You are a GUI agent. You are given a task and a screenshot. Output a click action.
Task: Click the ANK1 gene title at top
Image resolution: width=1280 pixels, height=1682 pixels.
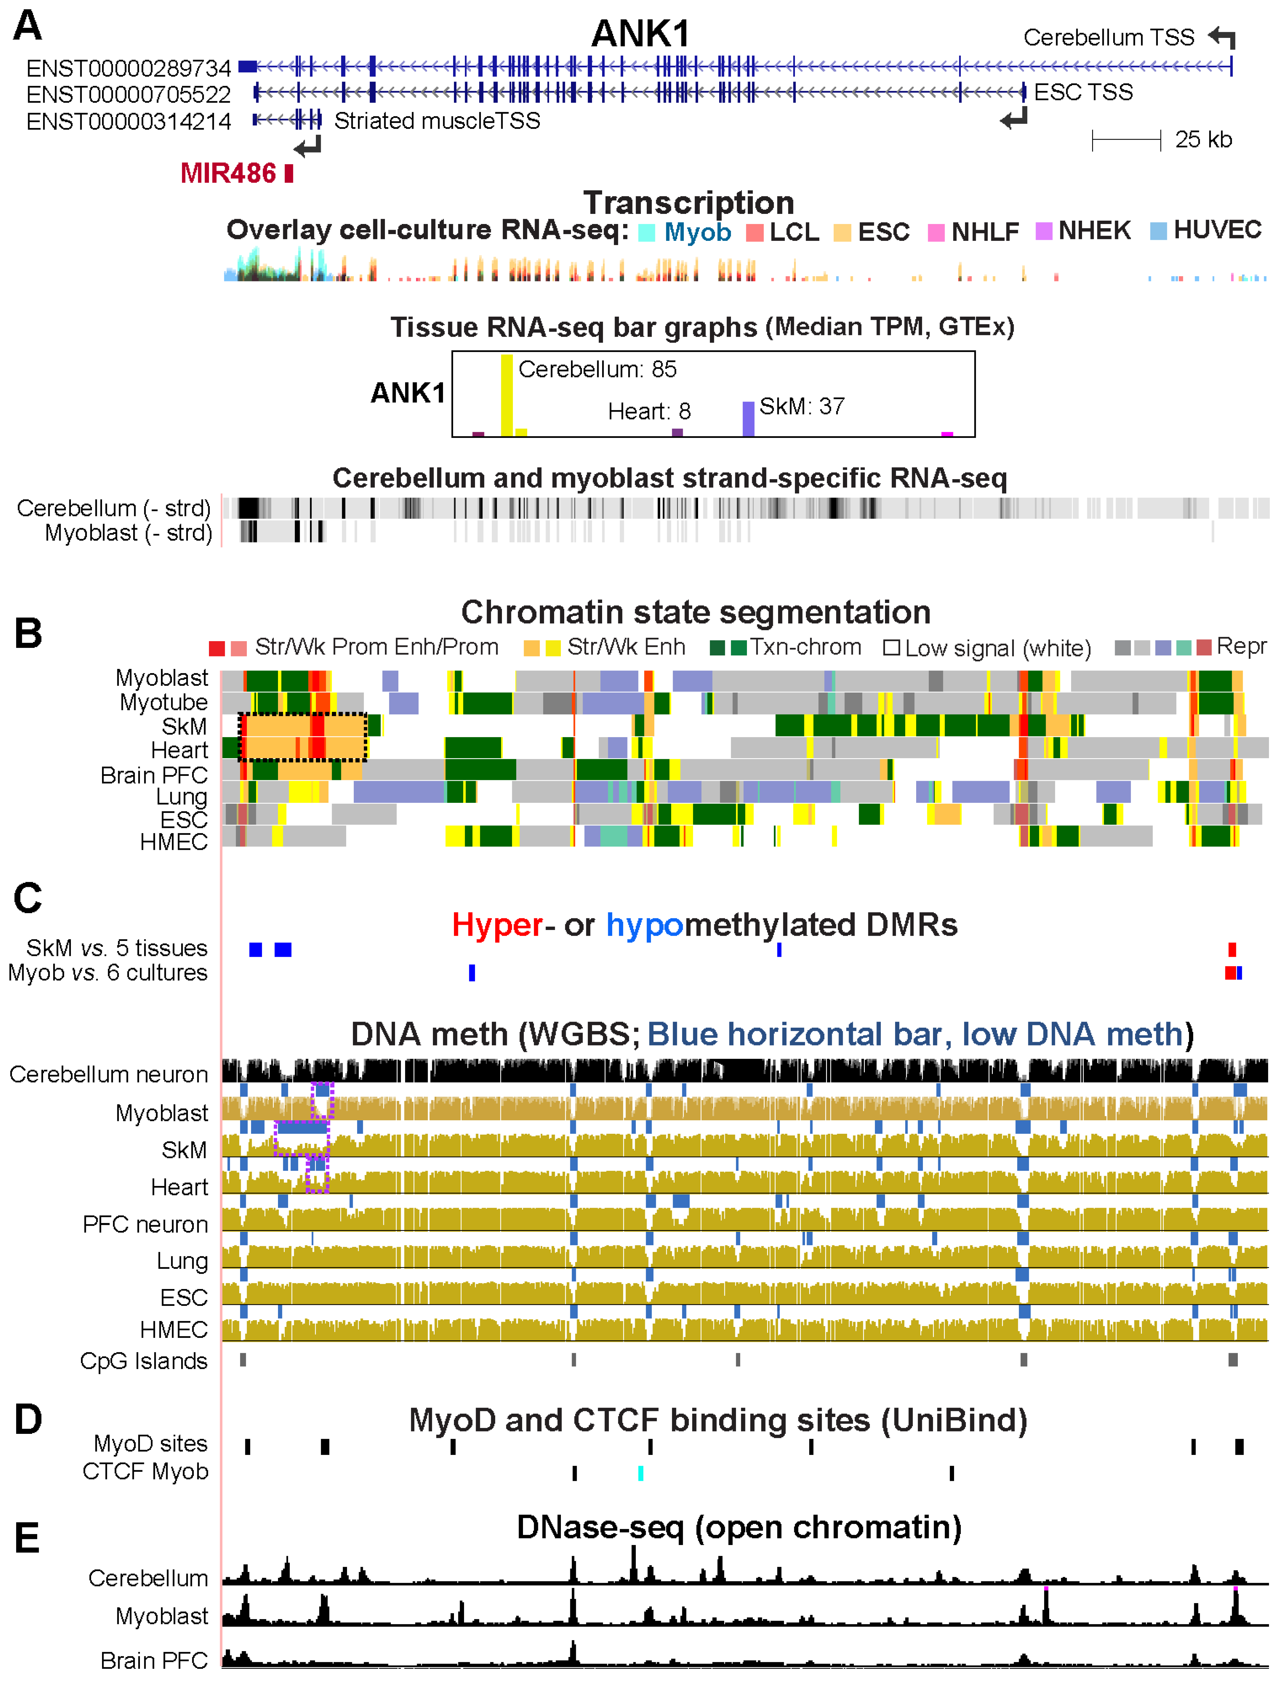(640, 34)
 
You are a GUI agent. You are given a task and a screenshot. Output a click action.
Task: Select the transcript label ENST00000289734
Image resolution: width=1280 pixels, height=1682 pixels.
(128, 68)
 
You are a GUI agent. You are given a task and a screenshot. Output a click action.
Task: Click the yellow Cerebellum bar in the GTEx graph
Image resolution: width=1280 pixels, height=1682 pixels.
(507, 395)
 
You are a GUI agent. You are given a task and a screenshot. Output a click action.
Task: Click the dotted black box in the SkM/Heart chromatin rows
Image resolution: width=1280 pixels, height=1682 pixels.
(302, 737)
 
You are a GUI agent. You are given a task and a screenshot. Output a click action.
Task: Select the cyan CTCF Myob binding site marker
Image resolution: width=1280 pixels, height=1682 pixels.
(641, 1473)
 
